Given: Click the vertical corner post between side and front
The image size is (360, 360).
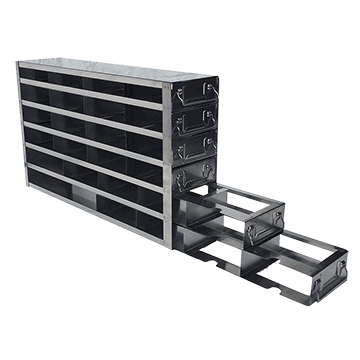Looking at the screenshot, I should [165, 160].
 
